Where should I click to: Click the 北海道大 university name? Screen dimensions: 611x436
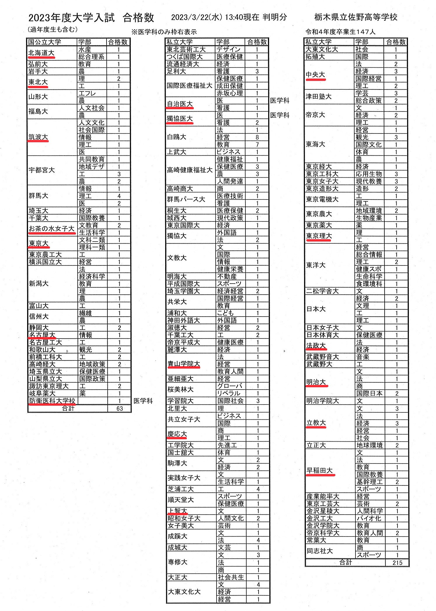(41, 53)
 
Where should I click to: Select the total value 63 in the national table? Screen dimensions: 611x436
(119, 409)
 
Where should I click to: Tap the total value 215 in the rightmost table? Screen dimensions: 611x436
(397, 563)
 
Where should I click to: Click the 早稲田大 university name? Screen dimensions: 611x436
(320, 471)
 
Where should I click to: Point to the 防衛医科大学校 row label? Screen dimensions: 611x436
(52, 401)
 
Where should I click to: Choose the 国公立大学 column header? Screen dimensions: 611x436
(45, 42)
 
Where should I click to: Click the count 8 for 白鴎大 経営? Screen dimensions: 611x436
(257, 137)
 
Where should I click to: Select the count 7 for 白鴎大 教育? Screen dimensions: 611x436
(257, 145)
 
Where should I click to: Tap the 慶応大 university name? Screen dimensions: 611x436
(177, 434)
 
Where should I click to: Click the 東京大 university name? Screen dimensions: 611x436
(38, 244)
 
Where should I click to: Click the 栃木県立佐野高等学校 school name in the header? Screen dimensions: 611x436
(356, 18)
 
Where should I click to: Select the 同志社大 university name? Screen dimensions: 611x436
(320, 551)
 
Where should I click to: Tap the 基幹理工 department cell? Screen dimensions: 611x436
(369, 482)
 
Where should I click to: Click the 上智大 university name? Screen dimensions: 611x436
(177, 511)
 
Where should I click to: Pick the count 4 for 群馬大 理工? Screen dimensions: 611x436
(119, 196)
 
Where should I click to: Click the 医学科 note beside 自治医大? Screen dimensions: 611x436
(280, 101)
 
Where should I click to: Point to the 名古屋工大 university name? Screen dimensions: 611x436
(45, 342)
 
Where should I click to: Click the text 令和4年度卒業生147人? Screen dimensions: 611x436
(340, 32)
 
